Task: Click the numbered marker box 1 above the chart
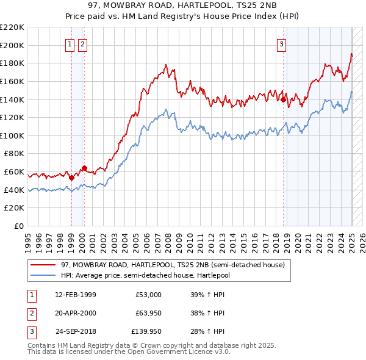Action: tap(70, 44)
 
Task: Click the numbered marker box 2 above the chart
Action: tap(82, 44)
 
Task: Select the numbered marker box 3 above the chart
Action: tap(281, 44)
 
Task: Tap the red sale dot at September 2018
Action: tap(284, 99)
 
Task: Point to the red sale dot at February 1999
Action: tap(71, 178)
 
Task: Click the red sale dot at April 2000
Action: tap(84, 168)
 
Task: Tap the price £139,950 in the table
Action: tap(146, 331)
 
